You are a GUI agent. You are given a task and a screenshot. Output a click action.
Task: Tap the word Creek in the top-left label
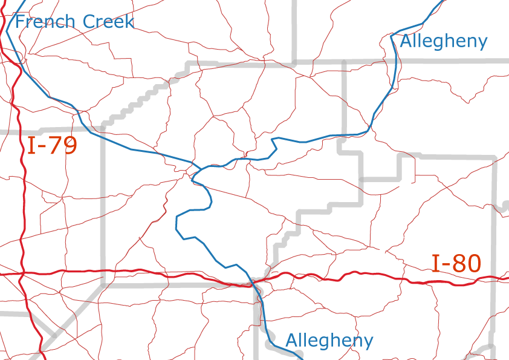(x=105, y=22)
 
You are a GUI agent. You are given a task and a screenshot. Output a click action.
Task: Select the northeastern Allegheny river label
(x=443, y=41)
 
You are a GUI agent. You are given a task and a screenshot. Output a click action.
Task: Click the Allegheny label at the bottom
(x=329, y=341)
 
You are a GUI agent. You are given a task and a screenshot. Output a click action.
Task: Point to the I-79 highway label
(x=52, y=146)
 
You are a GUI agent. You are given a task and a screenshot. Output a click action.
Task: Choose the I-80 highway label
(x=456, y=263)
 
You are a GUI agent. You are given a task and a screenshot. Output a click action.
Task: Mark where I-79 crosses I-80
(x=22, y=273)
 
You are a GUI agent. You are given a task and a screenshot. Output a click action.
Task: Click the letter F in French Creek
(x=20, y=22)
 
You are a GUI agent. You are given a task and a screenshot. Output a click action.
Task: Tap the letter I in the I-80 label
(x=435, y=263)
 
